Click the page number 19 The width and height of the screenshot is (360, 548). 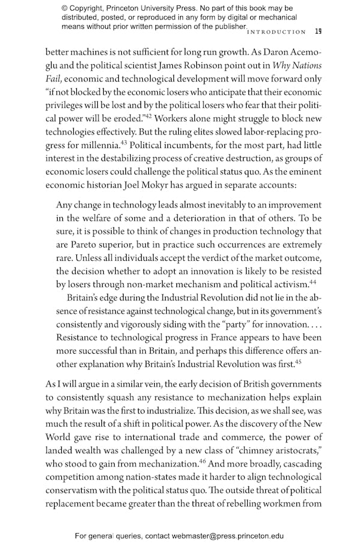[318, 32]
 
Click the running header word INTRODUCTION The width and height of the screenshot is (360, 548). [277, 32]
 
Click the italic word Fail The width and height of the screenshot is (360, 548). [55, 80]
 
